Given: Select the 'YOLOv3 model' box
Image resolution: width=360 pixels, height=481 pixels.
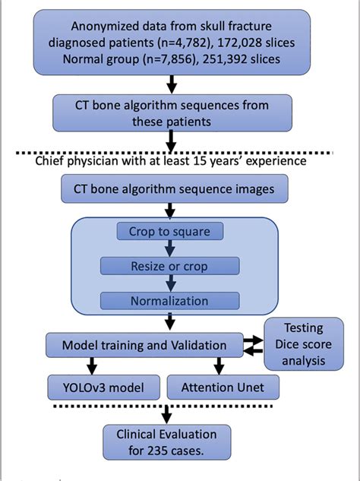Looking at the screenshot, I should [103, 387].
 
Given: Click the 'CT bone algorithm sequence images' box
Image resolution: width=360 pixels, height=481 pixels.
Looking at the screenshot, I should [168, 188].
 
